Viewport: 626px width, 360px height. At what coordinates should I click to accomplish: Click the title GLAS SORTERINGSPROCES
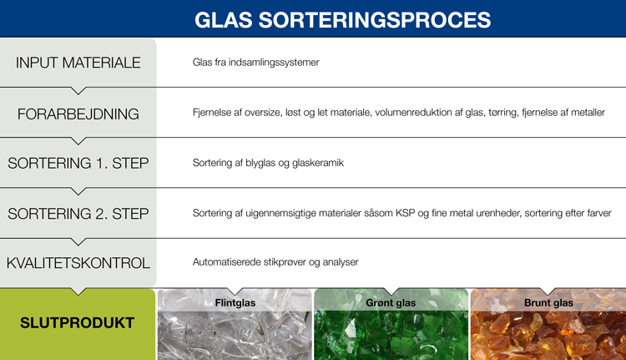[x=342, y=19]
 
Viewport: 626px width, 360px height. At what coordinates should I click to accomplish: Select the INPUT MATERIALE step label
[x=78, y=63]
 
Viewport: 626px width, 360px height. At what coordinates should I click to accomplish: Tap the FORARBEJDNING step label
[x=78, y=113]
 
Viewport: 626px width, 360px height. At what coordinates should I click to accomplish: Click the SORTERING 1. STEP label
[x=78, y=163]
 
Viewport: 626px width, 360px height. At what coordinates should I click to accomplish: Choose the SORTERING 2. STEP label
[x=78, y=213]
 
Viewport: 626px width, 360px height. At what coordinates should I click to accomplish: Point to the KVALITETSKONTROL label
[x=78, y=263]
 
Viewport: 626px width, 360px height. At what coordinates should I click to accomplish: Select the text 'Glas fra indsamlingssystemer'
[x=255, y=63]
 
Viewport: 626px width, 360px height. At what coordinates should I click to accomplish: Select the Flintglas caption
[x=235, y=302]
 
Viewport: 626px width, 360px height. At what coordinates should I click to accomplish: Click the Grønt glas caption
[x=391, y=302]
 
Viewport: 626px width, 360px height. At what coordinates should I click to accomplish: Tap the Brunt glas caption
[x=548, y=302]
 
